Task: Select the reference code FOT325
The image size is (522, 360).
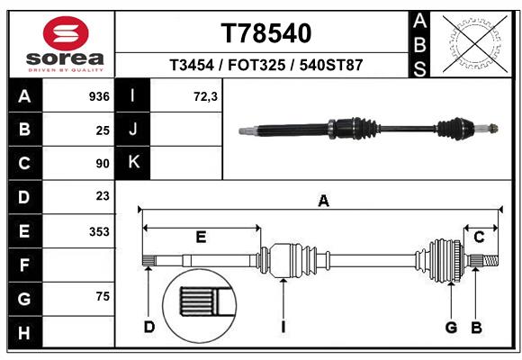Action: point(265,66)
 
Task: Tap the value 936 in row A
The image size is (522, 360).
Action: point(99,96)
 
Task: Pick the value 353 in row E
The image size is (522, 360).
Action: point(99,231)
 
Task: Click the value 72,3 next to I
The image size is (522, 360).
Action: point(206,96)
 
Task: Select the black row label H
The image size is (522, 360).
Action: point(24,332)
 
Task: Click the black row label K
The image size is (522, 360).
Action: point(134,163)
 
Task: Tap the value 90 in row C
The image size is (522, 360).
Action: point(102,164)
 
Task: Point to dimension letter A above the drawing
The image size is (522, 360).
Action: point(322,202)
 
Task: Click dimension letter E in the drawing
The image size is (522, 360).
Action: point(201,238)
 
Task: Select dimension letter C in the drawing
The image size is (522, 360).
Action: point(480,237)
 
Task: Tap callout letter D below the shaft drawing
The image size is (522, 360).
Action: point(149,327)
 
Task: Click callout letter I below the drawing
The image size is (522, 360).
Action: point(283,327)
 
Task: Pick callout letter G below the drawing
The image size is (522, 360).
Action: point(451,327)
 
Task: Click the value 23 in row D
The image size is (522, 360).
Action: point(102,196)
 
